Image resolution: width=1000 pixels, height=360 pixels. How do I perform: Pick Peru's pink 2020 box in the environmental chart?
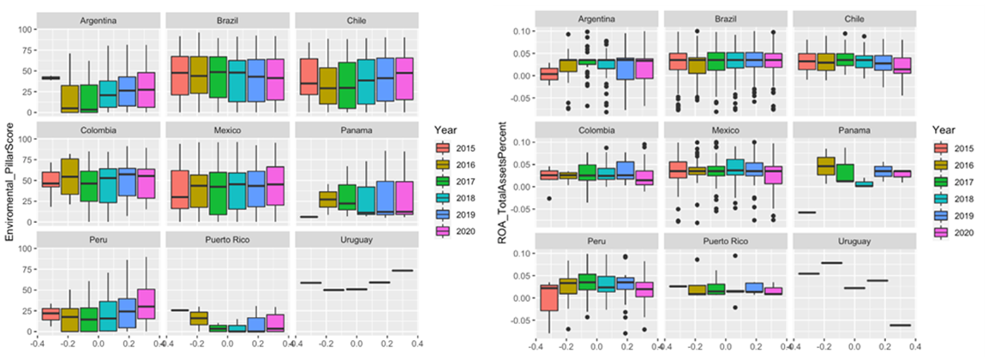coord(147,304)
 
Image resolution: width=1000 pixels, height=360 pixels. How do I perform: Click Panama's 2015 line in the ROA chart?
coord(805,212)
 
